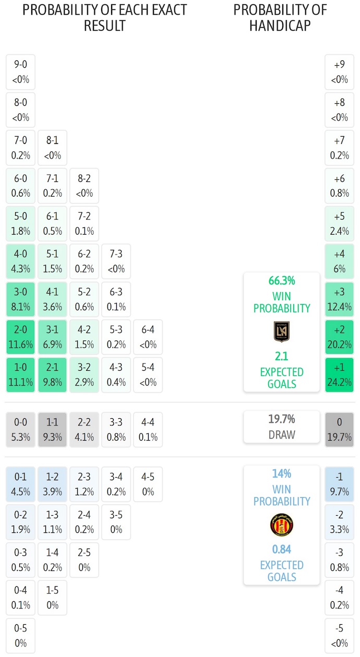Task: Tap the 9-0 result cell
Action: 20,72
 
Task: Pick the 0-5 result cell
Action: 20,636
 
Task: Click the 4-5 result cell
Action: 148,484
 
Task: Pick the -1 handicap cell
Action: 339,484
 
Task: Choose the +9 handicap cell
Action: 339,72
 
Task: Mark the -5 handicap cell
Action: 339,636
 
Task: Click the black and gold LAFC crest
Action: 282,332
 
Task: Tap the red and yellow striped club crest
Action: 282,525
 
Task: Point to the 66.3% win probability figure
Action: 282,281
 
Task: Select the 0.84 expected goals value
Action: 282,550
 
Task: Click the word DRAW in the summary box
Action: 282,434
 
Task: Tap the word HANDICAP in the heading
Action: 280,26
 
